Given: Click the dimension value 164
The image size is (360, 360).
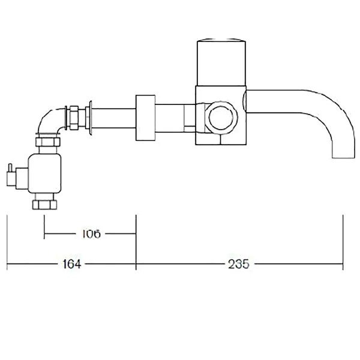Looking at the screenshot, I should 71,263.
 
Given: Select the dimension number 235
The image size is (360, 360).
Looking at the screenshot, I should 238,263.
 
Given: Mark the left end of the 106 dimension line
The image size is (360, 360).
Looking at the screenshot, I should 44,233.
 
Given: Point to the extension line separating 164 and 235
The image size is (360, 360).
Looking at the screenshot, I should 137,246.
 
